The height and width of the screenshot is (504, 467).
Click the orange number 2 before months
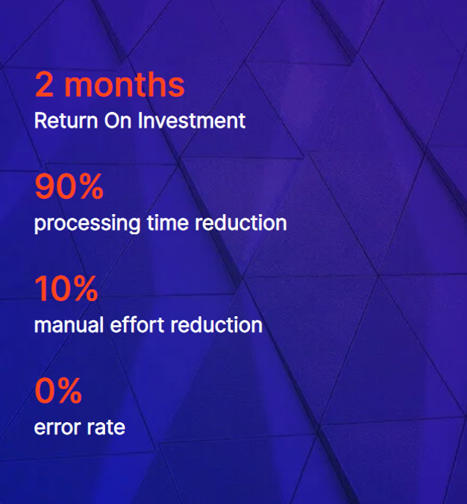44,84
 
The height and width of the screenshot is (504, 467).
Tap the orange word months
125,84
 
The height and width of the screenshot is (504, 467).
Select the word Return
66,121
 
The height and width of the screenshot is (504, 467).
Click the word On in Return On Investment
118,121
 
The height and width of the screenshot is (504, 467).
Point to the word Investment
192,121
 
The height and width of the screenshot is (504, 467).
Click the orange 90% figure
69,186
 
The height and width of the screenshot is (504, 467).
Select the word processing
87,224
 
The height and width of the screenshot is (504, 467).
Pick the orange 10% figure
66,289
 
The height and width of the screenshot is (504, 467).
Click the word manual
69,324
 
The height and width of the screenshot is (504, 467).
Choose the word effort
137,324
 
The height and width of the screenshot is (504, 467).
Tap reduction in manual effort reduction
216,324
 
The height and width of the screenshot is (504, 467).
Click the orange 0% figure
58,391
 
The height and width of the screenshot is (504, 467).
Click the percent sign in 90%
89,186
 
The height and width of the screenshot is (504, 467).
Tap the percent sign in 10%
83,289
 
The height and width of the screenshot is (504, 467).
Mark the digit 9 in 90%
44,186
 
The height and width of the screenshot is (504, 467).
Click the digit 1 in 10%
41,289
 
